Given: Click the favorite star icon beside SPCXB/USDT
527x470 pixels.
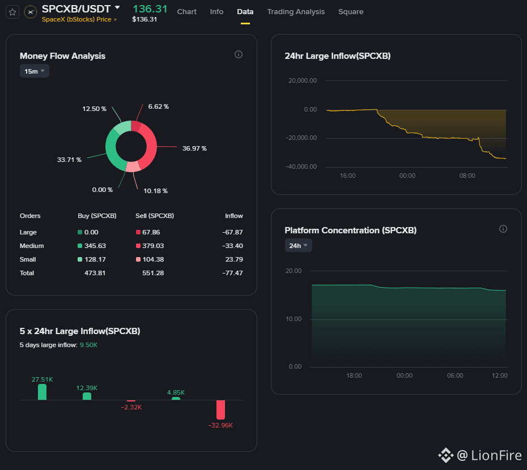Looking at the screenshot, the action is coord(12,12).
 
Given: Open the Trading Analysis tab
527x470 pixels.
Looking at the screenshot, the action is coord(296,12).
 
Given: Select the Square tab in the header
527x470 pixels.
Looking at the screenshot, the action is coord(351,12).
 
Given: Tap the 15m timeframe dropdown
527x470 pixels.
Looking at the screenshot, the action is coord(34,71).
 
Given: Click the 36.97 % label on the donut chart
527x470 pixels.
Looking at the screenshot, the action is coord(194,148).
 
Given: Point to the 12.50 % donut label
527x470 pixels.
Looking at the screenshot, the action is coord(94,109).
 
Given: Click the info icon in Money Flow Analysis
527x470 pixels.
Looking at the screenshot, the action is coord(239,54).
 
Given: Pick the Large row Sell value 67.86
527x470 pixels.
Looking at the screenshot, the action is coord(151,232).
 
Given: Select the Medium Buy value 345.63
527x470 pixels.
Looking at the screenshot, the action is coord(95,246).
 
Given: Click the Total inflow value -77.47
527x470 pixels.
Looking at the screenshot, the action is coord(232,273).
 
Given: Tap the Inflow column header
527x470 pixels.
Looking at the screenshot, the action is coord(234,216).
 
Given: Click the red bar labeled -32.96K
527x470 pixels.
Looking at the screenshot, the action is coord(220,409).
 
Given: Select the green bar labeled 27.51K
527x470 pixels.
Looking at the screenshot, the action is coord(42,392).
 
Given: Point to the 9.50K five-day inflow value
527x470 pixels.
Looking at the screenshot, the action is coord(88,345).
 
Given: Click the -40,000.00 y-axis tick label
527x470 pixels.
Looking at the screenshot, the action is coord(301,166).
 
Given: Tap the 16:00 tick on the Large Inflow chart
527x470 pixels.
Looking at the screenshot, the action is coord(347,176).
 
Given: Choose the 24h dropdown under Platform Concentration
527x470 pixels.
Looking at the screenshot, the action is coord(298,246).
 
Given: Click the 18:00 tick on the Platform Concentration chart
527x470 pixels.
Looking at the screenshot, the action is coord(354,375).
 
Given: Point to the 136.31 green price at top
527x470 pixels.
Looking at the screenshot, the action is coord(150,8).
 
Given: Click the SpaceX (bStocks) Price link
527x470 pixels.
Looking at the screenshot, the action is coord(79,19).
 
